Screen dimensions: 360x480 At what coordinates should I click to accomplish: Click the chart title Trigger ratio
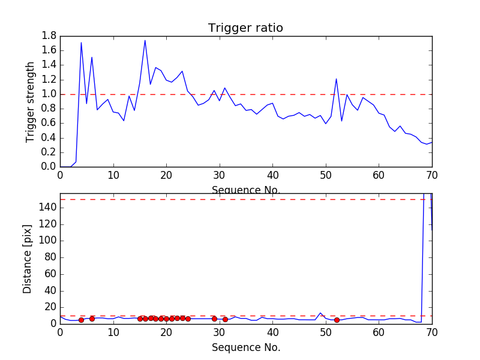point(245,28)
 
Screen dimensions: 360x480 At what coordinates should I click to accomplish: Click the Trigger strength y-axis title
point(31,101)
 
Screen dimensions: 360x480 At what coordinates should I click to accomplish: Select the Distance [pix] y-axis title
point(28,259)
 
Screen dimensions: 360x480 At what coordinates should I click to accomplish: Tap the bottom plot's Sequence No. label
point(246,347)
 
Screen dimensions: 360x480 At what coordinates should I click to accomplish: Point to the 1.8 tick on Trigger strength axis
point(49,36)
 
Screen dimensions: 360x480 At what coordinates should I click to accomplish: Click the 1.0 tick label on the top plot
point(49,94)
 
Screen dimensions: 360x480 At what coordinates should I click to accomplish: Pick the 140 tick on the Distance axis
point(47,208)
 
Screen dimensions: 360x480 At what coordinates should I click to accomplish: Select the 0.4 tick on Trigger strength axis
point(49,137)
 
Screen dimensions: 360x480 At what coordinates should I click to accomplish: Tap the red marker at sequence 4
point(81,320)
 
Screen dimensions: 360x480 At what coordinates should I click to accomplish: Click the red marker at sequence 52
point(337,320)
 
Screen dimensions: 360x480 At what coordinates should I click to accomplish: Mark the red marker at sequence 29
point(214,319)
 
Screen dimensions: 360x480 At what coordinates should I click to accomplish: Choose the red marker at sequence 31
point(225,319)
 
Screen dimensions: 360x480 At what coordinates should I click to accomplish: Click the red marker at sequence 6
point(92,319)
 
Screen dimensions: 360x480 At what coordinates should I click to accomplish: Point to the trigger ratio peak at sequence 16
point(145,41)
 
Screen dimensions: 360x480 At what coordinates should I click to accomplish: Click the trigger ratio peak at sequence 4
point(81,43)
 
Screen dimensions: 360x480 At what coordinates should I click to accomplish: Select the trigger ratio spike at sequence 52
point(337,79)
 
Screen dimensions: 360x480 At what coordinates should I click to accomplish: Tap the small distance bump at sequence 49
point(320,313)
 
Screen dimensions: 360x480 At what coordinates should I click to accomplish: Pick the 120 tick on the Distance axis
point(47,224)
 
